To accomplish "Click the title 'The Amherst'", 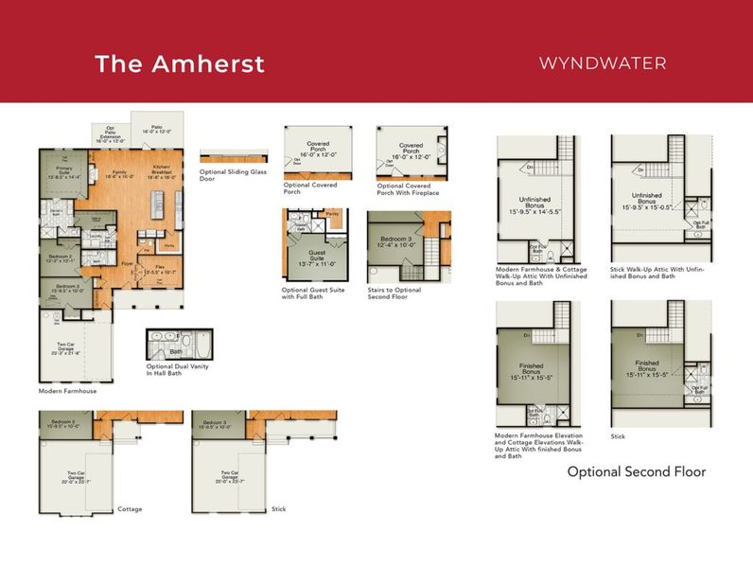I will (179, 63).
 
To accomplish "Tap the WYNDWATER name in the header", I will (602, 63).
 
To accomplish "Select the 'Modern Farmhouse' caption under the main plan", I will (67, 390).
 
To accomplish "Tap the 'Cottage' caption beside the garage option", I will (130, 508).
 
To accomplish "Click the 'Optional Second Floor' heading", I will (636, 470).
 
